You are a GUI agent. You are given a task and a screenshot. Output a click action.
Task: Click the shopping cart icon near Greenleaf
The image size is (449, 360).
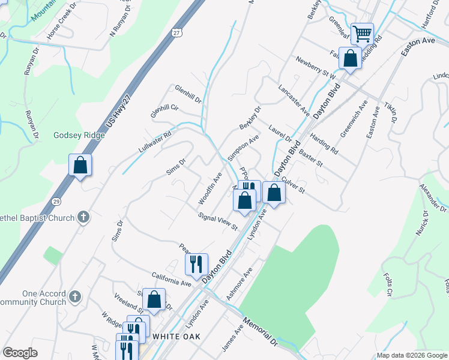(363, 33)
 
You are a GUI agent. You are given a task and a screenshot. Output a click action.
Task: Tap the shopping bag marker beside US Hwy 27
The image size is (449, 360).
(80, 165)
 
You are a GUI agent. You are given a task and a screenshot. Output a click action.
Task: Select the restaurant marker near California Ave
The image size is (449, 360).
(196, 263)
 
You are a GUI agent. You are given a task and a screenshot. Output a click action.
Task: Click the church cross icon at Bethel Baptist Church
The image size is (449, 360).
(83, 218)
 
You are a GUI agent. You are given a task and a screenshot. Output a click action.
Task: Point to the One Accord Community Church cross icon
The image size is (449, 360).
(74, 296)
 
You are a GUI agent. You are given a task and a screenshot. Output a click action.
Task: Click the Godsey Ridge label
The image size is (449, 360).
(79, 136)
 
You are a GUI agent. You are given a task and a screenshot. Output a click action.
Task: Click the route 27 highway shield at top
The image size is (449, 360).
(176, 32)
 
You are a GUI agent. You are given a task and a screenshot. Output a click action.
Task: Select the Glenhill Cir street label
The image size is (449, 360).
(166, 109)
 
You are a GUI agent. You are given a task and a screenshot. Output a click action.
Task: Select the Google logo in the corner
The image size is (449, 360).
(20, 353)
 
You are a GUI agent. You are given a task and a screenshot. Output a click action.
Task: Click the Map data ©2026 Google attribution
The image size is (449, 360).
(411, 355)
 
